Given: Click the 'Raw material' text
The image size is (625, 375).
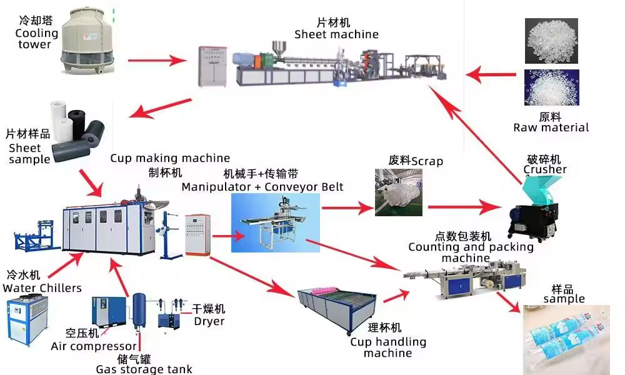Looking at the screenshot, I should tap(551, 127).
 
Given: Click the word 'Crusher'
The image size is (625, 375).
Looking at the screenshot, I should tap(545, 169).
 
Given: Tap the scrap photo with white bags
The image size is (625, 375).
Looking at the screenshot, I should tap(398, 192).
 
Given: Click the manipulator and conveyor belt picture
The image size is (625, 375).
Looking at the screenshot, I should tap(275, 222).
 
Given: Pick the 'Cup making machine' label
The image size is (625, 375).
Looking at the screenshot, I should tap(170, 158).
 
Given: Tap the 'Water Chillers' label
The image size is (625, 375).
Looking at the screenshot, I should tap(42, 288).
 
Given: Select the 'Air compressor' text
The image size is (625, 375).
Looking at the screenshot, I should tap(94, 346).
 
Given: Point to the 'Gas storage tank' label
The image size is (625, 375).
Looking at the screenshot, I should tap(144, 369).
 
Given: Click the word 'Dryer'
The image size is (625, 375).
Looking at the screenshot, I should tap(209, 321).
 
